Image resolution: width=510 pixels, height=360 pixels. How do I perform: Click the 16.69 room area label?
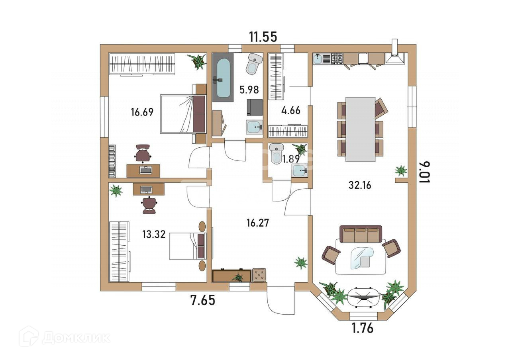[x=142, y=112]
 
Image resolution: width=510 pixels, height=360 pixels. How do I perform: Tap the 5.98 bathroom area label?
[x=249, y=90]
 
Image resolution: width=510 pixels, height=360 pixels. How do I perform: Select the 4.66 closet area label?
[x=291, y=110]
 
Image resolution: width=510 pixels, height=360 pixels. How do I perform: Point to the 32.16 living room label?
[x=360, y=185]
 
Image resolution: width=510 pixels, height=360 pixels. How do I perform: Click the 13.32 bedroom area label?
[x=154, y=234]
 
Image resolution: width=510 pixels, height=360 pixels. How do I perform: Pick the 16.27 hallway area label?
[x=258, y=223]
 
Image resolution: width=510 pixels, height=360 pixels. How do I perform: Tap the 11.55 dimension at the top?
[x=263, y=37]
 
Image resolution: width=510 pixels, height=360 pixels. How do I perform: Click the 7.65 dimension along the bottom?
[x=203, y=300]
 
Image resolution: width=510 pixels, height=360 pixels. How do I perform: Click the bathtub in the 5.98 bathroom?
[x=223, y=78]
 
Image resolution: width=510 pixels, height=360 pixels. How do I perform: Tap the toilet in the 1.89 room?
[x=276, y=153]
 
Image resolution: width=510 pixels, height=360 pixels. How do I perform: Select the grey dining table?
[x=360, y=129]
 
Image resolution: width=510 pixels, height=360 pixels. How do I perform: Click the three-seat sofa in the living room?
[x=361, y=234]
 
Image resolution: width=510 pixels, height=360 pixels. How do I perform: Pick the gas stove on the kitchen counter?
[x=337, y=59]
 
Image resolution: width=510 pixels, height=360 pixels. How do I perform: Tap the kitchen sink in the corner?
[x=318, y=59]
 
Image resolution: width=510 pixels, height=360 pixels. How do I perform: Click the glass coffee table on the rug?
[x=362, y=258]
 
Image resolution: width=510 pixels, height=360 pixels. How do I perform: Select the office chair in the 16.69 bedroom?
[x=143, y=153]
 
